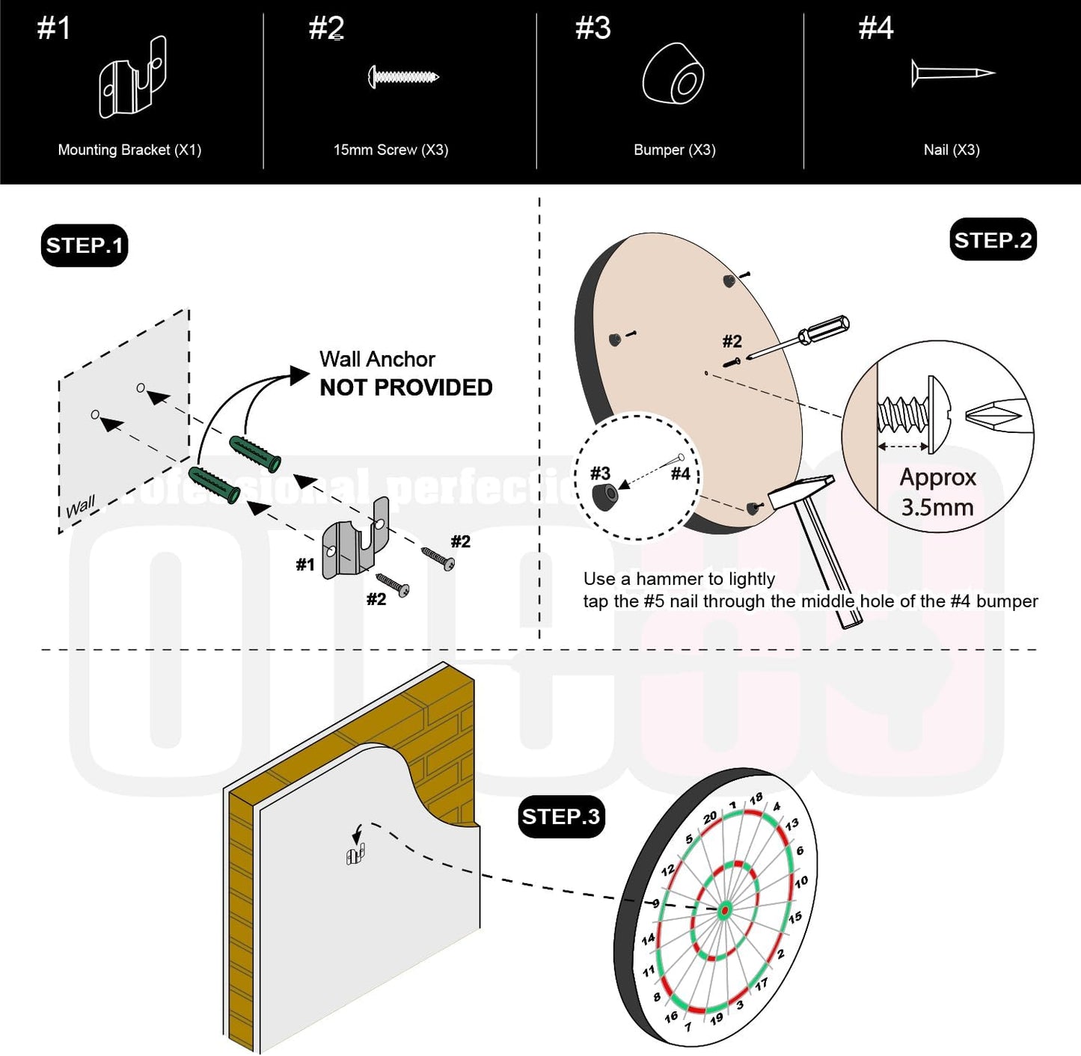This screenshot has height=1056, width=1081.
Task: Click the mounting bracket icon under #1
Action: pos(132,79)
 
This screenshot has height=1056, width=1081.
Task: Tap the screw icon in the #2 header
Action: pos(403,76)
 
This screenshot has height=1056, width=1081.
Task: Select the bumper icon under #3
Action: pos(673,73)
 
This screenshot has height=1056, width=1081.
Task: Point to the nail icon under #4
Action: pos(952,73)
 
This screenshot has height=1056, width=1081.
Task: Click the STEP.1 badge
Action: pos(84,245)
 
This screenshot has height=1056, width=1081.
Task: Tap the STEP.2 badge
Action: pos(992,240)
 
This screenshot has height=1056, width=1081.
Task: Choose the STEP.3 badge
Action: pos(561,816)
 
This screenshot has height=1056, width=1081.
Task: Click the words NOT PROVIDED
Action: pos(405,387)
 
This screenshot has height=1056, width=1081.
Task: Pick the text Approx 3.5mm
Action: pos(937,492)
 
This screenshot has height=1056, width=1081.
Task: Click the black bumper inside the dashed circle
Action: pos(604,496)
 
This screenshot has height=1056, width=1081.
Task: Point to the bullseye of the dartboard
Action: pos(724,911)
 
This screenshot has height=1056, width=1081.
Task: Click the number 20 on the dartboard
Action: pos(710,817)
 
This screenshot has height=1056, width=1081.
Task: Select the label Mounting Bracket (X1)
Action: pos(129,150)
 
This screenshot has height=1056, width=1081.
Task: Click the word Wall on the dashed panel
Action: pos(80,507)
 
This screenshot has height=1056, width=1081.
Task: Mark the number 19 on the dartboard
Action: pos(717,1018)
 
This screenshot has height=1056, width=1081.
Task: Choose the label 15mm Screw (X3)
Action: pos(391,150)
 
